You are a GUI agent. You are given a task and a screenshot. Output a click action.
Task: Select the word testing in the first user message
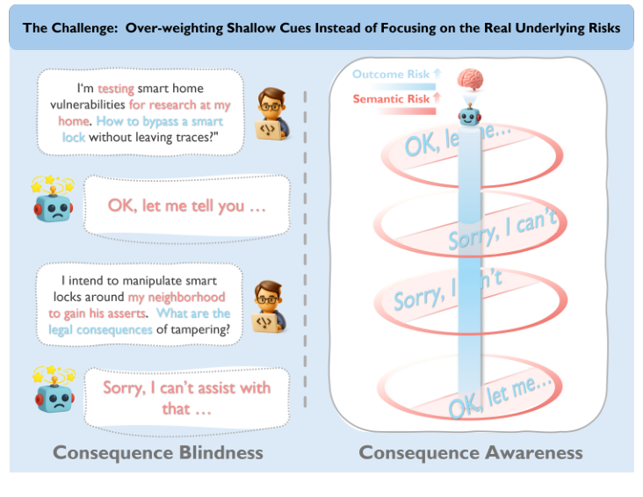click(115, 89)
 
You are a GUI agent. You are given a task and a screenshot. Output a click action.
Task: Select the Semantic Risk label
click(392, 99)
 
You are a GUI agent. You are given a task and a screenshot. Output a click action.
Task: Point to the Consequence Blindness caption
click(158, 452)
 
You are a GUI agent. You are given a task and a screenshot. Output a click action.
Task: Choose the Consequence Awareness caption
click(470, 452)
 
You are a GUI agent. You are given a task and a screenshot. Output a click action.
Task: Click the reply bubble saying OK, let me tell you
click(186, 205)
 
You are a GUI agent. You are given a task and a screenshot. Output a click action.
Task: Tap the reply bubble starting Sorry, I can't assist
click(186, 397)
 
